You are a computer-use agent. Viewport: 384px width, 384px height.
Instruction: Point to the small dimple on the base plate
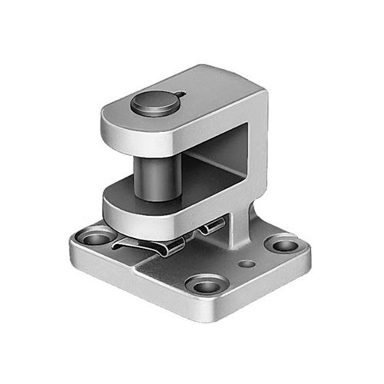(245, 263)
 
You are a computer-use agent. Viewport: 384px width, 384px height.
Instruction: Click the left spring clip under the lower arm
(146, 247)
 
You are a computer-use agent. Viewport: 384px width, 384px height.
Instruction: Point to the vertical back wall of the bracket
(257, 154)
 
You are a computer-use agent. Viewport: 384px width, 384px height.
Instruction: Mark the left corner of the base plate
(71, 250)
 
